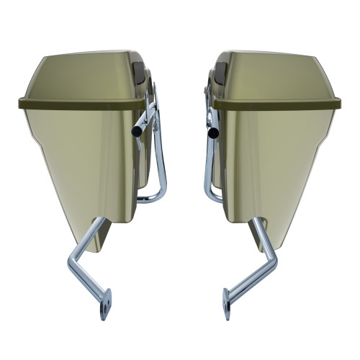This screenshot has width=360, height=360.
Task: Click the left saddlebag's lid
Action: tap(79, 76)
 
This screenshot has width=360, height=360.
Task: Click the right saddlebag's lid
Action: tap(281, 76)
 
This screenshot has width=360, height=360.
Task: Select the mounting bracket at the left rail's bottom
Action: tap(105, 303)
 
